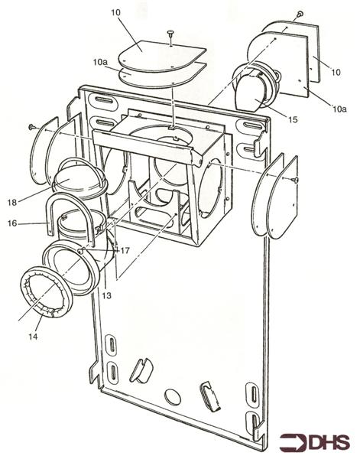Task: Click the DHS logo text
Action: (314, 442)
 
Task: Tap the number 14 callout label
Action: (33, 337)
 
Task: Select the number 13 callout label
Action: (107, 295)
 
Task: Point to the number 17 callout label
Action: (125, 251)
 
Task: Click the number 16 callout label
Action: (12, 223)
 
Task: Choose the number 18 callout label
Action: (12, 202)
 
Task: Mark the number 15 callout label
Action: (292, 119)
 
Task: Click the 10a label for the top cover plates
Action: (101, 62)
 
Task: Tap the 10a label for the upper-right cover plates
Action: (339, 109)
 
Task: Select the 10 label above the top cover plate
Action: (115, 12)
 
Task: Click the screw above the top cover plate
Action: (170, 37)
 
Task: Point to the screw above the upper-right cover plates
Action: (300, 14)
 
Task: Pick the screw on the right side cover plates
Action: (295, 180)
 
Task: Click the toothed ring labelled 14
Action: (47, 292)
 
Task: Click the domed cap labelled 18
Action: (79, 179)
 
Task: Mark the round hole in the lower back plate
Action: (173, 397)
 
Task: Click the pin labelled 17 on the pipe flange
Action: (81, 250)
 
